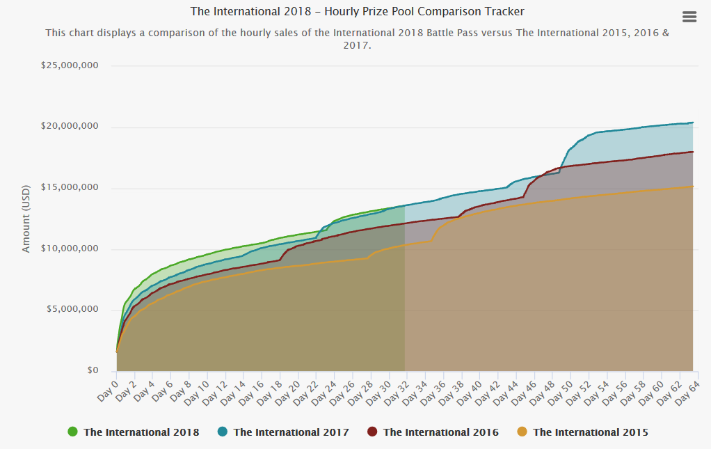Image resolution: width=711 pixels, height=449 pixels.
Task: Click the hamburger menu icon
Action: click(x=689, y=17)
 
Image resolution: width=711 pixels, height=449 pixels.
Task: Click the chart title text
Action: click(x=358, y=12)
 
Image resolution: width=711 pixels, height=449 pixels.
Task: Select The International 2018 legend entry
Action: click(x=141, y=432)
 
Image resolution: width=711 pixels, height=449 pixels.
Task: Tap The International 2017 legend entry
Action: click(x=291, y=432)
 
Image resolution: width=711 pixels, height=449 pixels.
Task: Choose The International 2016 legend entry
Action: click(x=440, y=432)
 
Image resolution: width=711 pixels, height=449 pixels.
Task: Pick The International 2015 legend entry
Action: click(x=590, y=432)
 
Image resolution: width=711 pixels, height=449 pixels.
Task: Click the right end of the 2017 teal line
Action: click(x=693, y=123)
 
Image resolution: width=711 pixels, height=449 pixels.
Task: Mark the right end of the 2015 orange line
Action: click(x=693, y=187)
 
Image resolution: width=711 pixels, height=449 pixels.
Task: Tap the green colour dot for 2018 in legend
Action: click(x=73, y=432)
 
